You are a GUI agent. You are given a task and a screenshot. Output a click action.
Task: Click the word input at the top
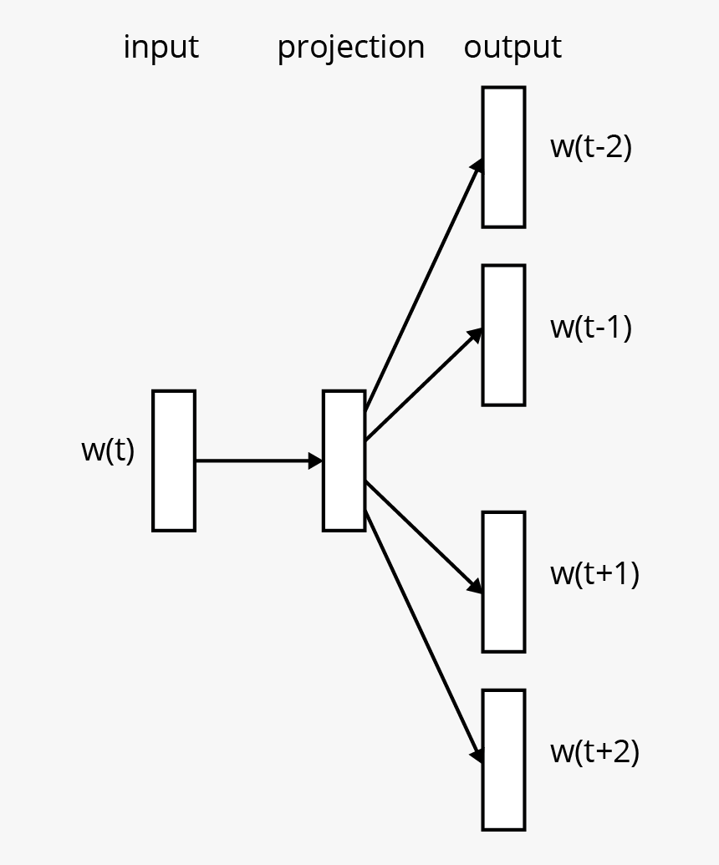pos(161,47)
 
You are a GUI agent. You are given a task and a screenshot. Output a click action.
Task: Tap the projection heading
pos(350,48)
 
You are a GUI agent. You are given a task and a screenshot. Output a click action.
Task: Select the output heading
pos(512,47)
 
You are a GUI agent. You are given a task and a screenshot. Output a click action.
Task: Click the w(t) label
pos(108,450)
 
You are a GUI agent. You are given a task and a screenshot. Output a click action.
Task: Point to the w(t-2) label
pos(591,147)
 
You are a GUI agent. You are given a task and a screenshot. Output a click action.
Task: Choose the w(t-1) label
pos(591,327)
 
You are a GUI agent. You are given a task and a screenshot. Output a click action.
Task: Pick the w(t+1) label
pos(594,573)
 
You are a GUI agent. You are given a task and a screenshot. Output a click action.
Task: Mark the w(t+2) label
pos(594,752)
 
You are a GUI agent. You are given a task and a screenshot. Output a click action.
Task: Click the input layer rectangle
pos(174,460)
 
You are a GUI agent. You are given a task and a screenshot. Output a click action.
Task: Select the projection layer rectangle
pos(344,460)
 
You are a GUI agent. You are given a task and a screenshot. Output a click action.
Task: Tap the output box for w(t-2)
pos(504,157)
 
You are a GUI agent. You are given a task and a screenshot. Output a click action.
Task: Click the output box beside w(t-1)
pos(504,335)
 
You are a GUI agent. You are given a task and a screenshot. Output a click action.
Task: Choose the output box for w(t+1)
pos(504,582)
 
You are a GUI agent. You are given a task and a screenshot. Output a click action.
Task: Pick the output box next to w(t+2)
pos(504,760)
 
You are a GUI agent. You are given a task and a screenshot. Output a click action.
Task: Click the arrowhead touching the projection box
pos(316,460)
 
